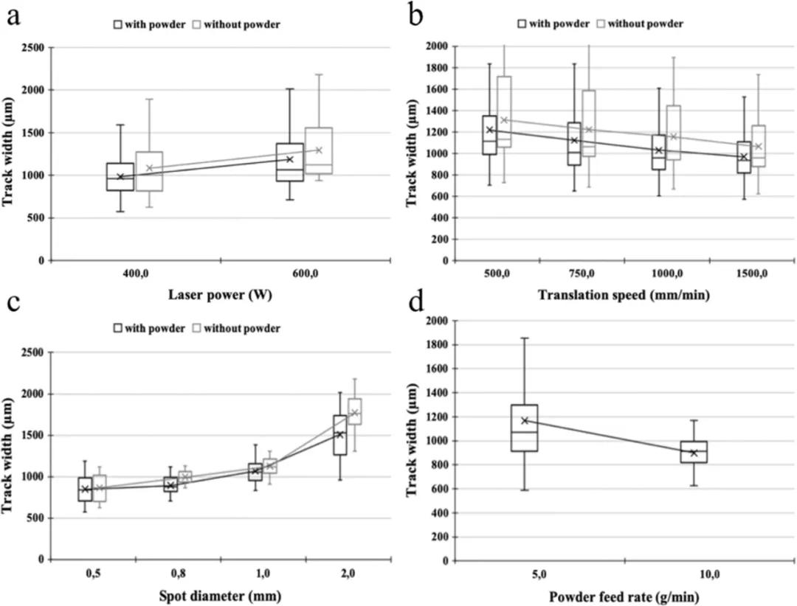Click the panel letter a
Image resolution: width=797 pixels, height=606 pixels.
pyautogui.click(x=13, y=16)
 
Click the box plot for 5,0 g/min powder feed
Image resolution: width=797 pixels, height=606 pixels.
pyautogui.click(x=525, y=428)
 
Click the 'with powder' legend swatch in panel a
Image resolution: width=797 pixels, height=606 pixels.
pyautogui.click(x=117, y=24)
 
